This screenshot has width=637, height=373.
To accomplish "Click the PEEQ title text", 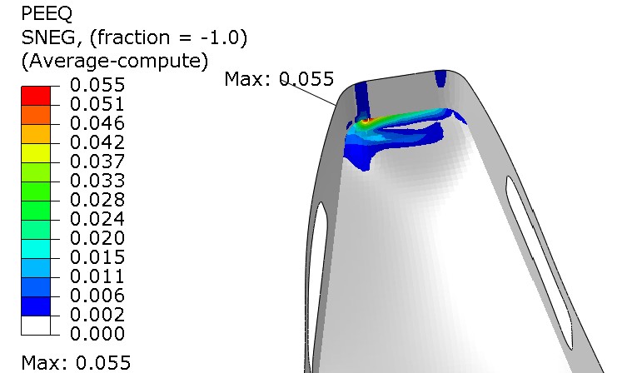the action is (47, 14).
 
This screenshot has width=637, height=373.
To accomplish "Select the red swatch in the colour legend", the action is (36, 96).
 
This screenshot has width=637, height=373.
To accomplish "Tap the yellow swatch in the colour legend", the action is (36, 153).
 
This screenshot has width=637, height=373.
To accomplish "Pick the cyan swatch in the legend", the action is (36, 249).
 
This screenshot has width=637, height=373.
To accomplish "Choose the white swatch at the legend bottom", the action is (36, 326).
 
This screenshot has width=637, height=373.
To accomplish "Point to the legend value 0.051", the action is (97, 104).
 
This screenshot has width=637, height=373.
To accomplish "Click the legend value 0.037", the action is (97, 162).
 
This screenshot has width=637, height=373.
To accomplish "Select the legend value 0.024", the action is (97, 219).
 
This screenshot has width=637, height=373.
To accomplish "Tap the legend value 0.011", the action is (97, 276).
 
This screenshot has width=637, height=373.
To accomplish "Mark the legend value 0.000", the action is (97, 334).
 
